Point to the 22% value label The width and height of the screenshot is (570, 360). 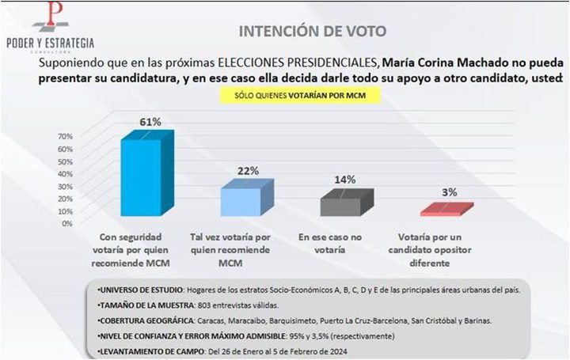[x=249, y=170]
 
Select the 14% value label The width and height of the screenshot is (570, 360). [x=344, y=180]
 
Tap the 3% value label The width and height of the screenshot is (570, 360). [x=449, y=192]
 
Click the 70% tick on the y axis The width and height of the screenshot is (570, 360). [x=64, y=136]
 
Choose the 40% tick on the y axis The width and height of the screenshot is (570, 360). [x=64, y=173]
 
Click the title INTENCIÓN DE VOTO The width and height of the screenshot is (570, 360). [x=314, y=32]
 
